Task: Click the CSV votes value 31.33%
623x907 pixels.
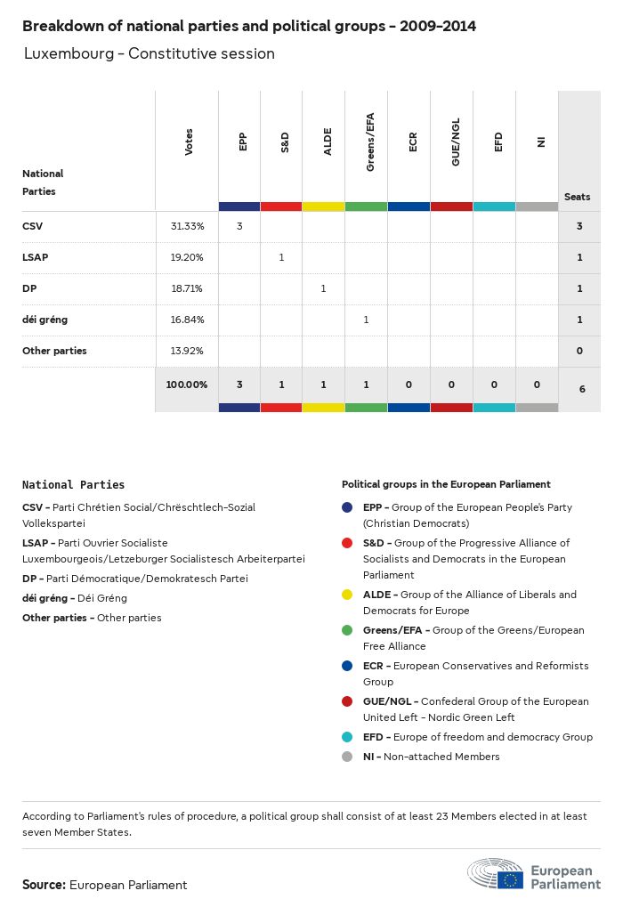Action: (187, 226)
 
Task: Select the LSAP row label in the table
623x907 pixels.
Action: (35, 257)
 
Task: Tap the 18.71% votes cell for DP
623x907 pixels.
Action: (187, 288)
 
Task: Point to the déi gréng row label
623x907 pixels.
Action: (44, 320)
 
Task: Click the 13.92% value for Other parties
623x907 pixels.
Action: (187, 351)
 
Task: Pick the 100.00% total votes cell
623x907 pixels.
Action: (186, 385)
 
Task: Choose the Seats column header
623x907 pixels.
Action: (577, 197)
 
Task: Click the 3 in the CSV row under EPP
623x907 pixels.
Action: (239, 226)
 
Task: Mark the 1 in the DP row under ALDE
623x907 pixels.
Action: (323, 288)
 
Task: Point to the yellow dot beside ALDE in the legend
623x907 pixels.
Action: (348, 595)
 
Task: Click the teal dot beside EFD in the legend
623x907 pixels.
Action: (348, 737)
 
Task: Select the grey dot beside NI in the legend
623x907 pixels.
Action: (348, 757)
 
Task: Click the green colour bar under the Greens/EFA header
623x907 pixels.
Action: (366, 207)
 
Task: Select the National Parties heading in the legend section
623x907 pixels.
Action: (73, 485)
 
